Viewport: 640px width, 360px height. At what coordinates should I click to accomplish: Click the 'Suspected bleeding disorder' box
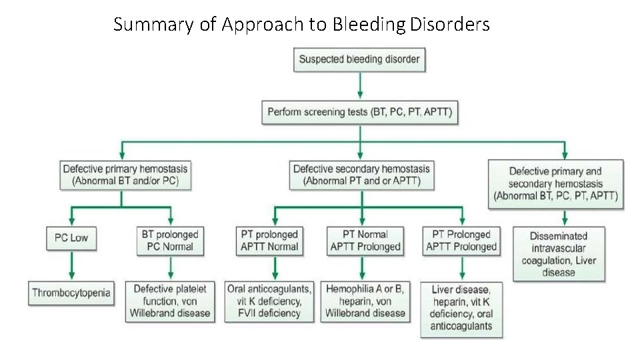(359, 59)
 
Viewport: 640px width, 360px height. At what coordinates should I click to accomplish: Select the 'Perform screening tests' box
(359, 112)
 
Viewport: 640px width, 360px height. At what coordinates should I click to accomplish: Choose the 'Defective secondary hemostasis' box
(361, 175)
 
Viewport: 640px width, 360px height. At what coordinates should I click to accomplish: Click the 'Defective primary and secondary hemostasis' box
(555, 184)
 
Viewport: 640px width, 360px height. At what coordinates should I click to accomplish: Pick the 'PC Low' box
(71, 238)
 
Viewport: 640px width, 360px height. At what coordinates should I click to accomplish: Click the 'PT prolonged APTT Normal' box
(269, 240)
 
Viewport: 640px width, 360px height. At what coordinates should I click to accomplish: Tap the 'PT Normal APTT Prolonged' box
(365, 240)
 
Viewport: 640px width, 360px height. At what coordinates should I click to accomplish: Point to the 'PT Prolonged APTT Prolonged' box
(461, 240)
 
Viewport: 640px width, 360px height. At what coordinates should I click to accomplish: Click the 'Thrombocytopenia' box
(72, 292)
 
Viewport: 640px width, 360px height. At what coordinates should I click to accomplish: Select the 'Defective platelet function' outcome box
(171, 301)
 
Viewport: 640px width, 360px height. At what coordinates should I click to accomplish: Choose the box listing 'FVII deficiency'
(269, 301)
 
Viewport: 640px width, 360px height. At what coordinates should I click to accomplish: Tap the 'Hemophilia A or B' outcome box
(365, 301)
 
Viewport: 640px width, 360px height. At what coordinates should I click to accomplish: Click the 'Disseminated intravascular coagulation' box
(559, 254)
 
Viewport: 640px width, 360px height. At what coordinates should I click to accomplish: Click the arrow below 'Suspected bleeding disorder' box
(360, 85)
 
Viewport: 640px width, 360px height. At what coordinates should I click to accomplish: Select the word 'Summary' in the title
(155, 25)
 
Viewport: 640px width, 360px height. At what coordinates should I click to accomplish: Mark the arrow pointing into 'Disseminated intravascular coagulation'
(565, 218)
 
